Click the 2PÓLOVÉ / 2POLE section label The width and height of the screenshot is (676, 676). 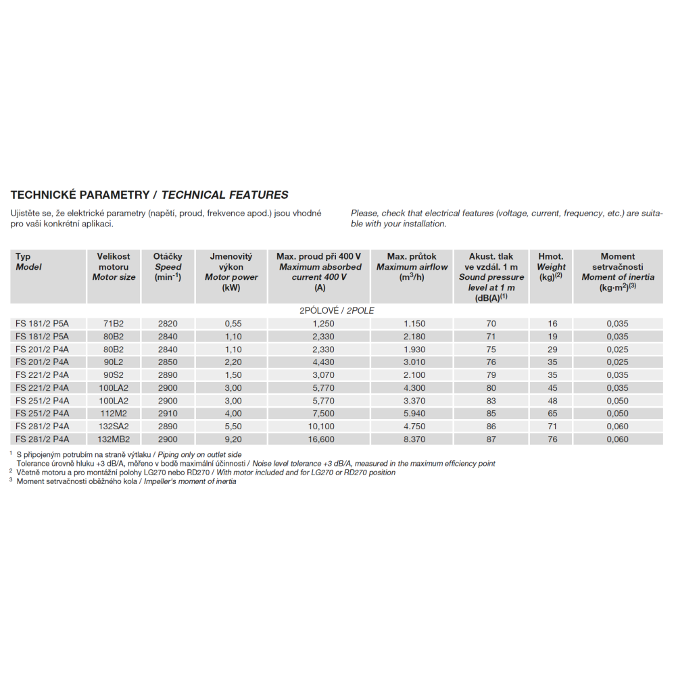[x=337, y=310]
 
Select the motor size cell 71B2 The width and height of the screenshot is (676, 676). [x=113, y=324]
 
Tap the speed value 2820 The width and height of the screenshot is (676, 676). [x=167, y=324]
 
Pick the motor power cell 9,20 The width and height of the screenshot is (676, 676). [x=233, y=439]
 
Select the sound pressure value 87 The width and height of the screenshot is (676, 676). [x=491, y=439]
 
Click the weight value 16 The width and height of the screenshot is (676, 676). [x=552, y=324]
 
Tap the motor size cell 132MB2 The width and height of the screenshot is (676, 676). [x=113, y=439]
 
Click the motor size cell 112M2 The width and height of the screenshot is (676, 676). [x=113, y=414]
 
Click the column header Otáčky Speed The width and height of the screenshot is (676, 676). [x=168, y=266]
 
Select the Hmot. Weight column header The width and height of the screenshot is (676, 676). [x=550, y=266]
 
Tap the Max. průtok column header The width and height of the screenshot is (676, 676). [x=412, y=266]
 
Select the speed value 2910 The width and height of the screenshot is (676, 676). [x=167, y=414]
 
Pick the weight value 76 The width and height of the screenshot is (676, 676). [x=552, y=439]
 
